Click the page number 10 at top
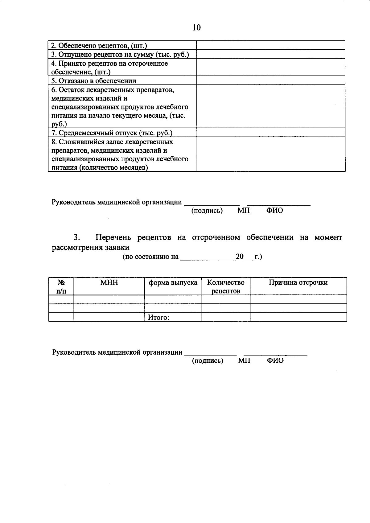coord(196,28)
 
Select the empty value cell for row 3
coord(271,54)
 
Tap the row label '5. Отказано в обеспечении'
coord(94,81)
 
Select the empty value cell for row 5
coord(271,81)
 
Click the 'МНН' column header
coord(109,282)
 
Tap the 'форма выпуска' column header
coord(173,282)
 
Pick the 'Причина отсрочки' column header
coord(298,282)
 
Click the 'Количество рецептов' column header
coord(226,286)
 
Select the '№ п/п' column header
coord(61,286)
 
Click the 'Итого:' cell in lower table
coord(158,317)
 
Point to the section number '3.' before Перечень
coord(77,237)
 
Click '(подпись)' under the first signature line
coord(207,211)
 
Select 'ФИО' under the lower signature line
coord(275,360)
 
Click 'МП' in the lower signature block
coord(244,360)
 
